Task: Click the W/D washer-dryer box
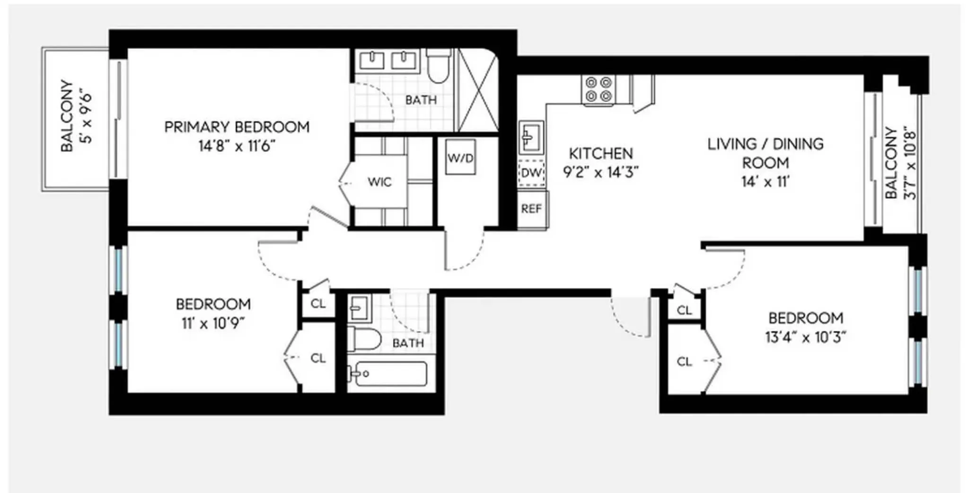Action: [x=460, y=158]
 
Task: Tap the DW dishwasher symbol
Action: [x=531, y=173]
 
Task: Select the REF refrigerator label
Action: [x=531, y=209]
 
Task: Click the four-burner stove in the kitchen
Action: [x=599, y=89]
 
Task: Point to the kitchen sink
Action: [x=531, y=138]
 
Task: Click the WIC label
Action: [x=379, y=182]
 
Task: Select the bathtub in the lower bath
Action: [x=391, y=374]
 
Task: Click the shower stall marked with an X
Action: [x=478, y=90]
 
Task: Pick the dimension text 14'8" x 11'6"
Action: [x=237, y=146]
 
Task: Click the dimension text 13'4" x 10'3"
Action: [x=805, y=337]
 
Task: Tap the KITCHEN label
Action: [x=600, y=153]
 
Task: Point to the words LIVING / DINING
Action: [x=765, y=144]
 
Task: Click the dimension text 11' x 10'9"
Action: [x=213, y=324]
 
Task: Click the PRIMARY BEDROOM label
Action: [x=237, y=127]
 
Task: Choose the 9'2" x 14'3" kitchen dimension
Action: [x=600, y=172]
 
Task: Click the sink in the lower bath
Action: [x=360, y=308]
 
